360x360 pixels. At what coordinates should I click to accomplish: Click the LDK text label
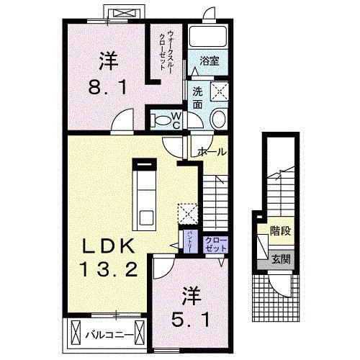click(x=107, y=247)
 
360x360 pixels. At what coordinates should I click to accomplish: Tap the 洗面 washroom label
click(x=197, y=98)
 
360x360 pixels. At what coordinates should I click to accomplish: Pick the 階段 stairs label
click(x=279, y=233)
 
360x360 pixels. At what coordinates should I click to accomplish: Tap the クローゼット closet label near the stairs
click(x=215, y=243)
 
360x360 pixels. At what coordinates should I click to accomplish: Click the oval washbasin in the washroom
click(x=219, y=120)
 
